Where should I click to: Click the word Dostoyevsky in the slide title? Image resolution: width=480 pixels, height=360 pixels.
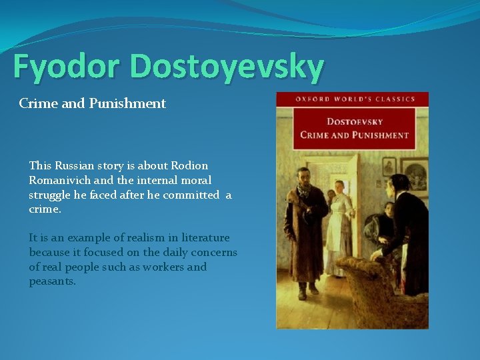pyautogui.click(x=227, y=67)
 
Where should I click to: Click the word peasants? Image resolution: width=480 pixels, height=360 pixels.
pyautogui.click(x=53, y=281)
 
